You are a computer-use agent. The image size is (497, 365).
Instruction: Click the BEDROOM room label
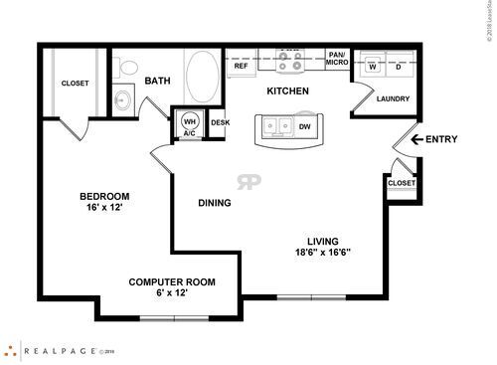point(104,195)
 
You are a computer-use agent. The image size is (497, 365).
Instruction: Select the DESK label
point(219,122)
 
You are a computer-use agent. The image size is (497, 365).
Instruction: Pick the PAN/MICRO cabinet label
point(338,60)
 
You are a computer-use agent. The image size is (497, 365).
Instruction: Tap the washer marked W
point(374,66)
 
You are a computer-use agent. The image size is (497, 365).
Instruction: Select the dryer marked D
point(399,66)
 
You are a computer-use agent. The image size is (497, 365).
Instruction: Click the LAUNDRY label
point(394,99)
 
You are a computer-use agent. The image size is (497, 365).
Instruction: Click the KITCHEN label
point(288,91)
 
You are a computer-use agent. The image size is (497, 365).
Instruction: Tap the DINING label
point(214,203)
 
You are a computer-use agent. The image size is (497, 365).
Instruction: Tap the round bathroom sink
point(123,99)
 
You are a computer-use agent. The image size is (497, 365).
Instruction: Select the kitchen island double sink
point(278,126)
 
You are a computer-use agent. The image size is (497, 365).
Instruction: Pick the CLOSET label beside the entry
point(402,184)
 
